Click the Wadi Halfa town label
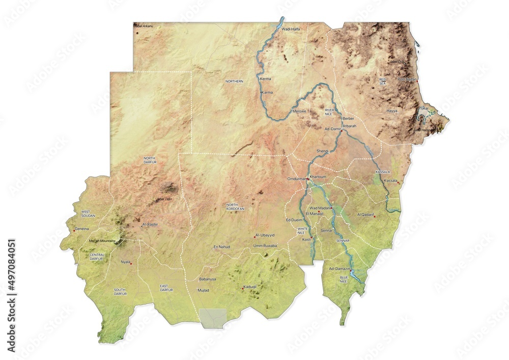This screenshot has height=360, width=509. [x=291, y=30]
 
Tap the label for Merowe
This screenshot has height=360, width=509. [x=299, y=111]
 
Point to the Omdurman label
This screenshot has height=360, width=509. [x=297, y=179]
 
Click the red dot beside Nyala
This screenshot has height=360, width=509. [x=131, y=264]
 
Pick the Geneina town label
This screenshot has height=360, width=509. [x=81, y=229]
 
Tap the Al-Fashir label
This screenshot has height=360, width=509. [x=151, y=224]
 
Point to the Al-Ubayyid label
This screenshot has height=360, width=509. [x=265, y=235]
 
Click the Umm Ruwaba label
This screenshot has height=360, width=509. [x=265, y=246]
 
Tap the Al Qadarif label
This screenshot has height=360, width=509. [x=365, y=215]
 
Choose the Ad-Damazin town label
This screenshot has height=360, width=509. [x=340, y=268]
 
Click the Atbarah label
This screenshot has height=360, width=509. [x=350, y=126]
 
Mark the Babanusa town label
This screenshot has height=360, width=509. [x=208, y=280]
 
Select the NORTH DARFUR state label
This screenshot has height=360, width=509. [x=150, y=160]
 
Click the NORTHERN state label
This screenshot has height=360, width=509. [x=235, y=81]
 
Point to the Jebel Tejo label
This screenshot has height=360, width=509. [x=164, y=199]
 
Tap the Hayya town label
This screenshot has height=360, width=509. [x=392, y=110]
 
